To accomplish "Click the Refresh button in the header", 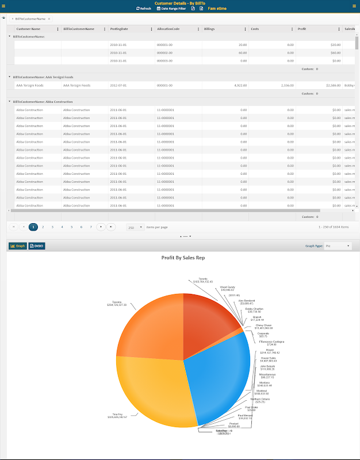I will [144, 9].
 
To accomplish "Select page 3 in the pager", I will [52, 227].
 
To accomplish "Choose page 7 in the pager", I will [91, 227].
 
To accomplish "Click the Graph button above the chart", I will [17, 246].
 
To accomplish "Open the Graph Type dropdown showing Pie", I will [337, 246].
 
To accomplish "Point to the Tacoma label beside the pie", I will [117, 302].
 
